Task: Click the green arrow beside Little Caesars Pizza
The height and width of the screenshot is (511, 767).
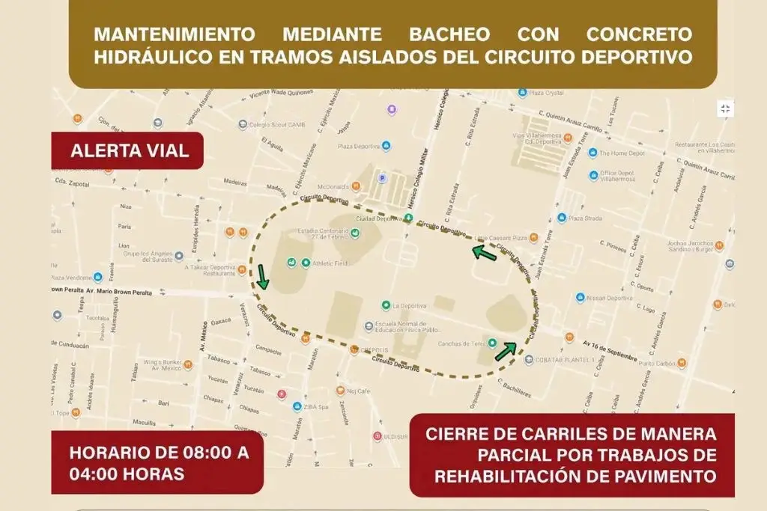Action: (484, 254)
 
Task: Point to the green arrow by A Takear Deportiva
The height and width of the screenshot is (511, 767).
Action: (261, 275)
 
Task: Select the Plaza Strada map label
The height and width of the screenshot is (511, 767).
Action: (585, 218)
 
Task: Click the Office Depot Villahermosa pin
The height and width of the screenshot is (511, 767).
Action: (593, 175)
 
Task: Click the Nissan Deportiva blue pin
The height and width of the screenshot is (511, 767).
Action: (580, 298)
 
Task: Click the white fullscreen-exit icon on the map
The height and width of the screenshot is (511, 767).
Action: (724, 109)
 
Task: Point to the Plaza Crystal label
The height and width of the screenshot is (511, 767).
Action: (548, 94)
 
